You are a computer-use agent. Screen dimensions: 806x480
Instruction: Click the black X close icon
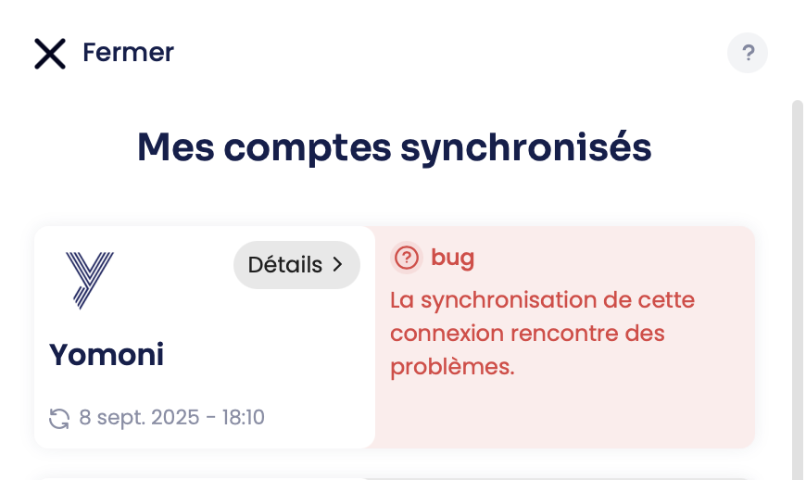click(50, 54)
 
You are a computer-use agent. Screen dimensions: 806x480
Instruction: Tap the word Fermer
click(129, 53)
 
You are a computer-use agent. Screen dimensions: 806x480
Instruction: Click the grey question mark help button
click(748, 53)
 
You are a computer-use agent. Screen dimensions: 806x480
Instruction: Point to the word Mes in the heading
click(175, 147)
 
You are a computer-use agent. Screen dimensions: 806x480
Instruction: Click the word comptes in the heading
click(308, 149)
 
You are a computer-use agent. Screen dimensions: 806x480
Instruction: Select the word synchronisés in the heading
click(526, 147)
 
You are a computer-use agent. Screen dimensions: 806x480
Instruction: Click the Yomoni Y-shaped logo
click(90, 280)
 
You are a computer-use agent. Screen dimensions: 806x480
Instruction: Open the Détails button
click(296, 265)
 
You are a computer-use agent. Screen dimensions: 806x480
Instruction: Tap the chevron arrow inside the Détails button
click(338, 265)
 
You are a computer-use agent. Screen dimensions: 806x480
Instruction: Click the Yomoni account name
click(107, 355)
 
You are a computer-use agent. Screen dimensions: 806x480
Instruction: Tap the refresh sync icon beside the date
click(59, 418)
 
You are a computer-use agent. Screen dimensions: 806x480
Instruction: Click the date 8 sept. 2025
click(139, 418)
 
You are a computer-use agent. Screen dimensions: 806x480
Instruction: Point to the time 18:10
click(243, 417)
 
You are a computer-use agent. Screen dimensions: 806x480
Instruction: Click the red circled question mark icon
click(407, 258)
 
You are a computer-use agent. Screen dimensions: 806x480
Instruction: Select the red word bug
click(452, 258)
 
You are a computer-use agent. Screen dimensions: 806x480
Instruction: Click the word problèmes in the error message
click(452, 367)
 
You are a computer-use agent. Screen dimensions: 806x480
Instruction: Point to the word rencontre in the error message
click(564, 334)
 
